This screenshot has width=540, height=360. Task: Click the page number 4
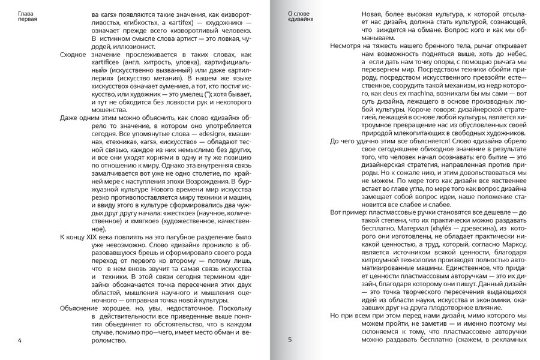click(x=20, y=340)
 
